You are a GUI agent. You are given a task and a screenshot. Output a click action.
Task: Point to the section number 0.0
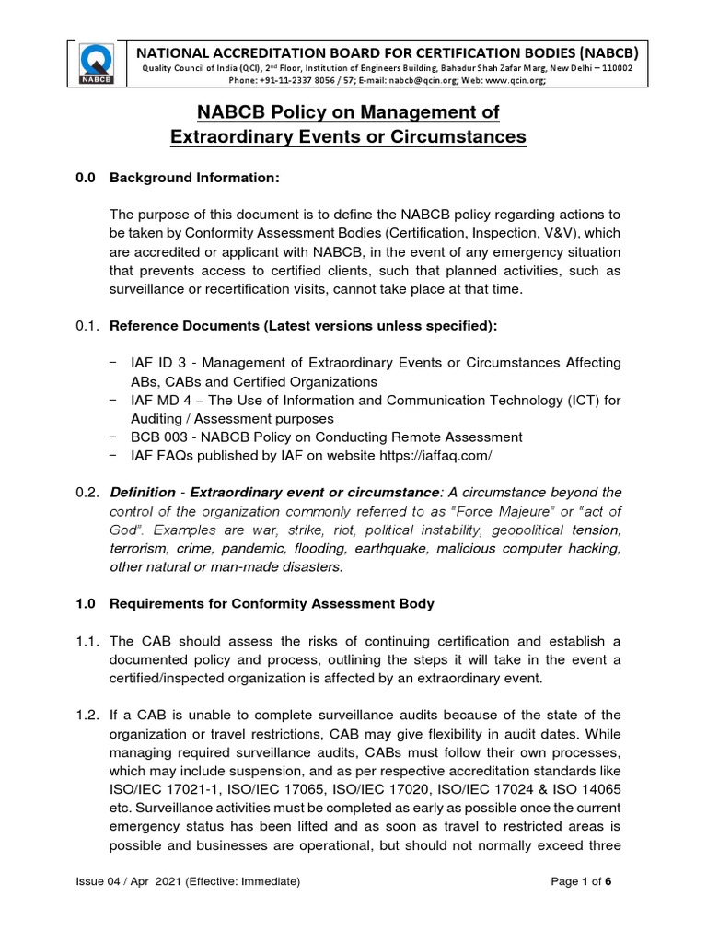pyautogui.click(x=86, y=177)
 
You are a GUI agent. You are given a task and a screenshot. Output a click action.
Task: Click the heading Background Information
pyautogui.click(x=194, y=177)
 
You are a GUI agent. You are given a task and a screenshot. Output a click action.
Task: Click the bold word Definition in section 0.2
pyautogui.click(x=143, y=493)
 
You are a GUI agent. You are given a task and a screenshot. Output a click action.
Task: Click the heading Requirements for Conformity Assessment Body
pyautogui.click(x=272, y=604)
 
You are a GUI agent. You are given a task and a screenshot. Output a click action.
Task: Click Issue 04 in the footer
pyautogui.click(x=102, y=881)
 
